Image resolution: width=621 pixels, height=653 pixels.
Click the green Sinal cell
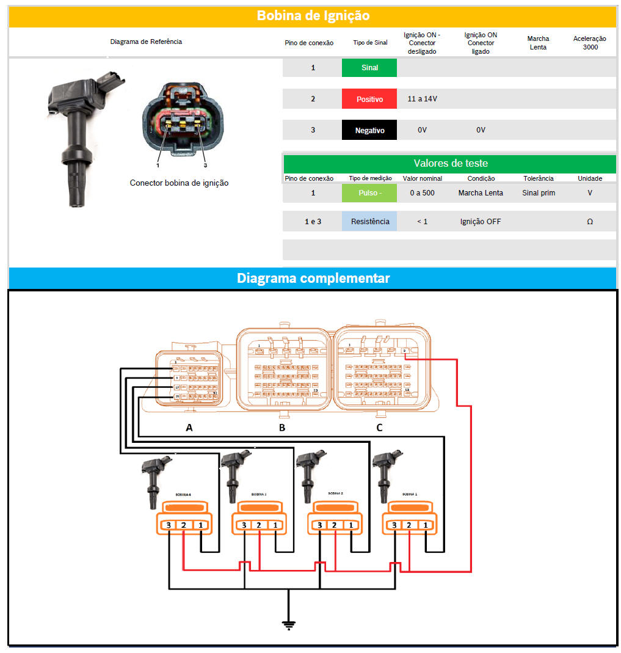tap(369, 68)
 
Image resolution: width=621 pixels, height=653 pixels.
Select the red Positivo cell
tap(369, 98)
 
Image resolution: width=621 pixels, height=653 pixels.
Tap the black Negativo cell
tap(369, 130)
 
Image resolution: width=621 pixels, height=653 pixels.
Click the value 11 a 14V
tap(422, 98)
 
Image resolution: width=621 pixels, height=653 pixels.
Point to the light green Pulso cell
tap(369, 193)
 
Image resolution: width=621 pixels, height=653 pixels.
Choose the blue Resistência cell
tap(369, 222)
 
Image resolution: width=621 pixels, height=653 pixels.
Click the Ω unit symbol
tap(589, 222)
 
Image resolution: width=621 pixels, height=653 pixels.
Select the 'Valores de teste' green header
tap(450, 163)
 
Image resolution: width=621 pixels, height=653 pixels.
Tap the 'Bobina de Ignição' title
tap(313, 15)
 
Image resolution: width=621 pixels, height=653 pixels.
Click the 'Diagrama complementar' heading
tap(313, 278)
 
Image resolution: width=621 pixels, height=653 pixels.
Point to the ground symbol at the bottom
tap(289, 624)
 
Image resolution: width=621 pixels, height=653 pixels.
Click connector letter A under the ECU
tap(189, 428)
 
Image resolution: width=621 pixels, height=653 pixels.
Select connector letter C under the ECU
tap(379, 428)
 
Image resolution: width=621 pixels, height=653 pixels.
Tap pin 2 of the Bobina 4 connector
tap(184, 525)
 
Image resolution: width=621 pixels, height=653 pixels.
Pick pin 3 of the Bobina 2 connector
tap(319, 525)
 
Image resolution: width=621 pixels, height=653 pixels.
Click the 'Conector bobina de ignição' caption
tap(179, 183)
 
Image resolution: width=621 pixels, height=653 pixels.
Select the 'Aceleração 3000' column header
tap(590, 43)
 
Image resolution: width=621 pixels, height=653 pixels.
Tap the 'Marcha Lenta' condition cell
tap(481, 193)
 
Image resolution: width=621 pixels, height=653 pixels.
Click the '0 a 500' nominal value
tap(422, 193)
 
